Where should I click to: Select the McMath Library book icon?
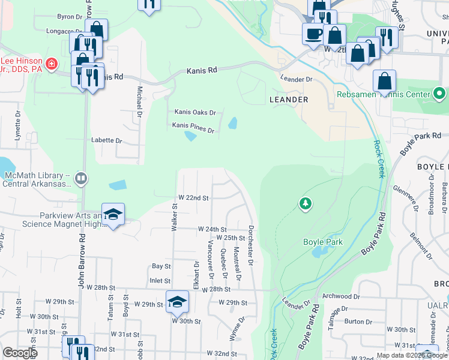(81, 178)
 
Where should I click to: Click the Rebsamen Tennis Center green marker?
(439, 94)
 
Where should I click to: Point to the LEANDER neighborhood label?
(289, 100)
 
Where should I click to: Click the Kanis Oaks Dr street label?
(194, 112)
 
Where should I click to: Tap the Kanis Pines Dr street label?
(193, 125)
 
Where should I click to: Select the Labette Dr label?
(106, 140)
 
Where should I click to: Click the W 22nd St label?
(193, 197)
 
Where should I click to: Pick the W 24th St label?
(212, 229)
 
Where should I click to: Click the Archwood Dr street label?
(341, 296)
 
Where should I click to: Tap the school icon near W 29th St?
(177, 302)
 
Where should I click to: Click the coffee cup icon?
(313, 34)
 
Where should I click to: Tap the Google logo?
(20, 352)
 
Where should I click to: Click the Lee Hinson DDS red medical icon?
(52, 62)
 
